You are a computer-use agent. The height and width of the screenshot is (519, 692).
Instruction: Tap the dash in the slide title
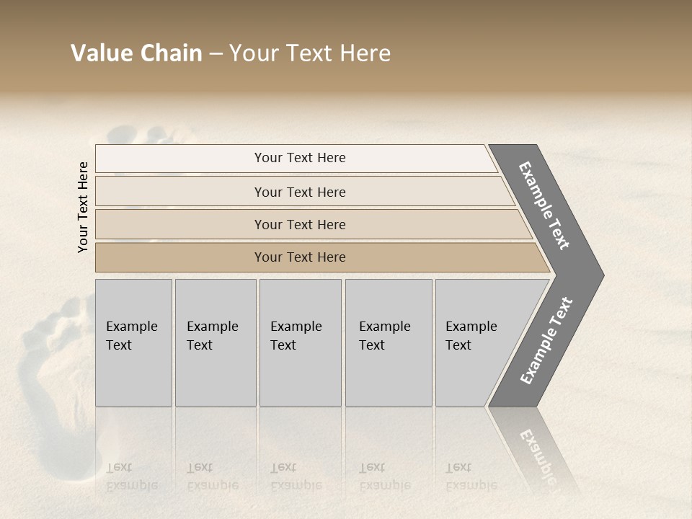[x=216, y=54]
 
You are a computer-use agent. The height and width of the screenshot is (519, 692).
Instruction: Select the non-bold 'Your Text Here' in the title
[x=310, y=53]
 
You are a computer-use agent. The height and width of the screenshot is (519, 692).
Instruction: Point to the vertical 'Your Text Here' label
[x=83, y=207]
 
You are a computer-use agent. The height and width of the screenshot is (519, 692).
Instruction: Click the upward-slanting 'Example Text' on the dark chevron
[x=546, y=341]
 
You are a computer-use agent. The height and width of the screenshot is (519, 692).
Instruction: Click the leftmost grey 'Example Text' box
[x=133, y=342]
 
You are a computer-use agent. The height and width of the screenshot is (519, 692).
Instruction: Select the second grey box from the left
[x=216, y=342]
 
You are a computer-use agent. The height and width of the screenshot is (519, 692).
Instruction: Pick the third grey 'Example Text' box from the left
[x=300, y=342]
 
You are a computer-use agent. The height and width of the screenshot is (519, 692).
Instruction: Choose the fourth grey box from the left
[x=389, y=342]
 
